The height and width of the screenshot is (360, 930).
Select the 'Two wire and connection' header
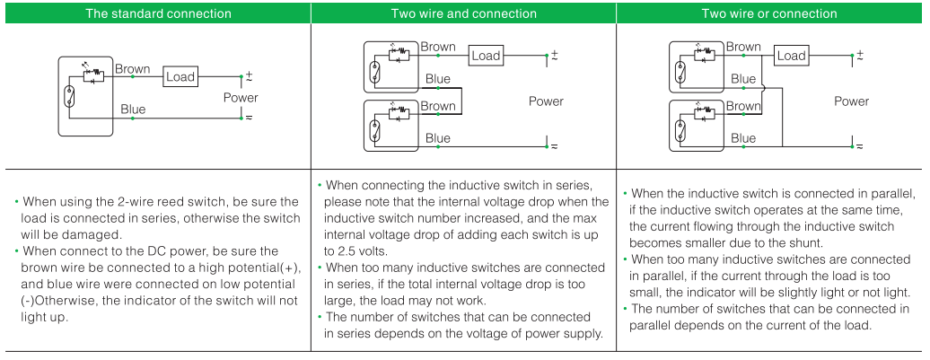pos(463,13)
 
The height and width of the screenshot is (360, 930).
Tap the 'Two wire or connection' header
pos(768,13)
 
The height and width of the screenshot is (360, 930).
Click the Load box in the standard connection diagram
pos(180,76)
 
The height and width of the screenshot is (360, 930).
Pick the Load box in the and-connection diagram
pos(486,56)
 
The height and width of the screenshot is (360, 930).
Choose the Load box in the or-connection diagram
pos(791,56)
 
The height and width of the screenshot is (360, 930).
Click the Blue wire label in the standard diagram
pos(133,110)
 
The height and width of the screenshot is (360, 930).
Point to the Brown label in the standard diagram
pos(133,68)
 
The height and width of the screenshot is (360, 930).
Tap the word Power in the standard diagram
pos(241,97)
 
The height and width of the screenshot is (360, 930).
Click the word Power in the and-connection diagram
pos(546,101)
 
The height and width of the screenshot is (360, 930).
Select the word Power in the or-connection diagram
pos(851,101)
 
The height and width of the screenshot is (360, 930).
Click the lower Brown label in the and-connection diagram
pos(438,106)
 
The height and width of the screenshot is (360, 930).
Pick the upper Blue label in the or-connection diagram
pos(743,79)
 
